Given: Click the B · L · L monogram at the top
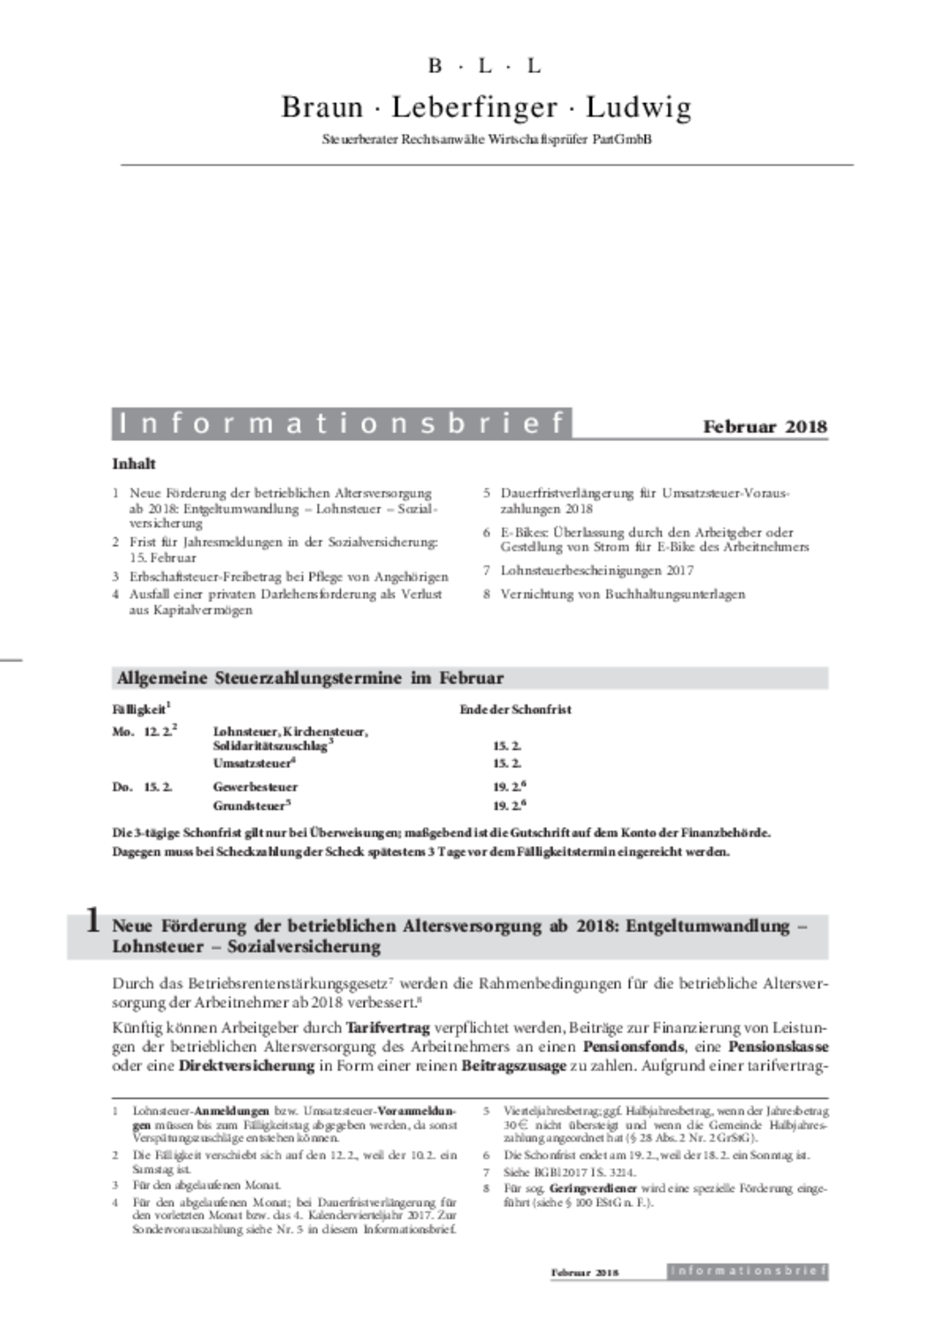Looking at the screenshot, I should tap(485, 66).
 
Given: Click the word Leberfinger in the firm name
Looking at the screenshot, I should tap(474, 107).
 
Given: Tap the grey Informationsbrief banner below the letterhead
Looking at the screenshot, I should tap(342, 423).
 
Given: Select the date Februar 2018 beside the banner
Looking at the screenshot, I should tap(765, 427).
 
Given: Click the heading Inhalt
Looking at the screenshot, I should tap(134, 464).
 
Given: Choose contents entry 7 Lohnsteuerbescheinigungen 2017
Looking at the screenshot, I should tap(596, 570).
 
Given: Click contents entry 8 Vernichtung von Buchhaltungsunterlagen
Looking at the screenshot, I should tap(622, 594).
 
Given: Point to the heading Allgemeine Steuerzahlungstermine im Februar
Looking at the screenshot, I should tap(310, 678).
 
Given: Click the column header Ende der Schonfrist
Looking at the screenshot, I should tap(515, 709).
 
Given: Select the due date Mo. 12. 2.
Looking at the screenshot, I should tap(144, 731).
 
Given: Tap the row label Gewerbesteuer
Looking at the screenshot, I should tap(255, 787).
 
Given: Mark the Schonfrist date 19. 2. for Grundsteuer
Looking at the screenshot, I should tap(509, 805).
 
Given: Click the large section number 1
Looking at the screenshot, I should tap(93, 922).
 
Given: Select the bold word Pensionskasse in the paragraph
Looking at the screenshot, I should tap(778, 1046).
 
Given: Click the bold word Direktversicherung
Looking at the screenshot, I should tap(246, 1065).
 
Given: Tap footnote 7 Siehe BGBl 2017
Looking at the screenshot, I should tap(569, 1172).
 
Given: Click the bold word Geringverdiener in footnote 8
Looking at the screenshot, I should tap(592, 1188).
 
